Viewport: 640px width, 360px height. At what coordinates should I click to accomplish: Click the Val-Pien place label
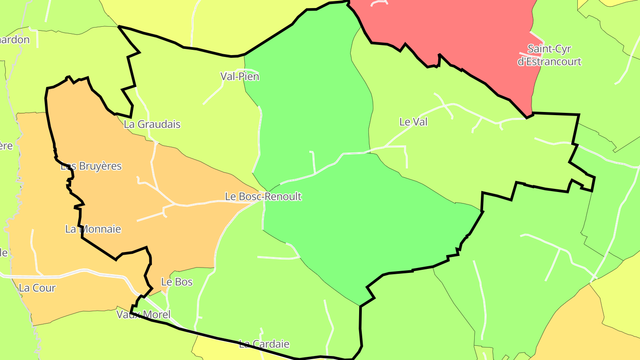(x=240, y=76)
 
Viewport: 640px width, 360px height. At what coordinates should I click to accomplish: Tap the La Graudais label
(x=152, y=124)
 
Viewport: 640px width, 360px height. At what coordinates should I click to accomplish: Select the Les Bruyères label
(x=91, y=166)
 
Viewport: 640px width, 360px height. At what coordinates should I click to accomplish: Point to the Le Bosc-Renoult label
(x=263, y=196)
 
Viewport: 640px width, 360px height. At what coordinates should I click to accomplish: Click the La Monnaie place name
(x=93, y=229)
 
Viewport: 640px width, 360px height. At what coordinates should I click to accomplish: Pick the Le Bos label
(x=177, y=282)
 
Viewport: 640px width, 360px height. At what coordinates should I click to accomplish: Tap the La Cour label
(x=37, y=288)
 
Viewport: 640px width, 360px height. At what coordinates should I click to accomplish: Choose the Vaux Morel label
(x=143, y=315)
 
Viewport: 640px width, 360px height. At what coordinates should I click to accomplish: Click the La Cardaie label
(x=264, y=344)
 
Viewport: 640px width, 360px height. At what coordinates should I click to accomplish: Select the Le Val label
(x=413, y=122)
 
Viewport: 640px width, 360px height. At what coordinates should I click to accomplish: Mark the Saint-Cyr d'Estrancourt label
(x=549, y=55)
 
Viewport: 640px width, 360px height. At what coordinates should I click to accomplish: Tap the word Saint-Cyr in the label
(x=549, y=48)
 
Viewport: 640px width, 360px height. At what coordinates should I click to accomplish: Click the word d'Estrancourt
(x=549, y=61)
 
